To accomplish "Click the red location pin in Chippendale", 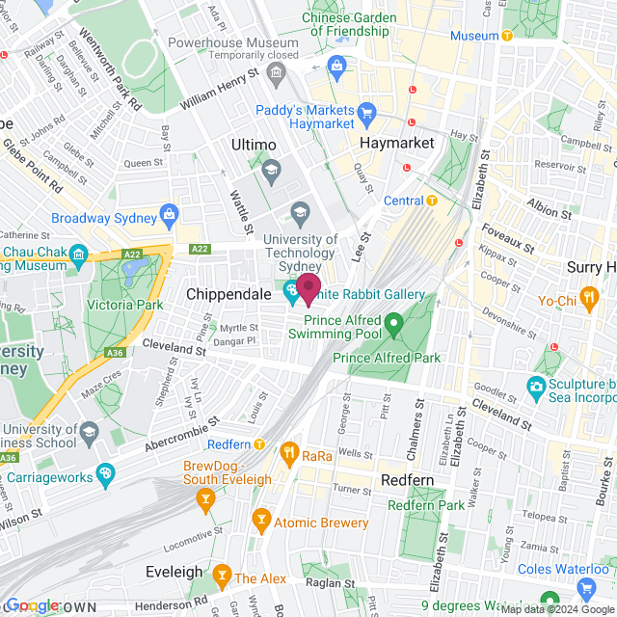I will click(x=308, y=288).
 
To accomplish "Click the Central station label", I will click(x=403, y=201).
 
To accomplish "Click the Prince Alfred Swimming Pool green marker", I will click(x=392, y=321).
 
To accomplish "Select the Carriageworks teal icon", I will click(x=104, y=473).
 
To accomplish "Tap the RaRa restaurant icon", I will click(x=288, y=452).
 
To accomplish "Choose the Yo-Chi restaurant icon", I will click(x=587, y=297).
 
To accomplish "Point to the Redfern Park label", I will click(x=425, y=505).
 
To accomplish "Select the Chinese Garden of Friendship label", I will click(x=348, y=24).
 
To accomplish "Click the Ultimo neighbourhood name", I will click(x=254, y=144).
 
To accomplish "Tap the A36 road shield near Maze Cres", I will click(x=116, y=353).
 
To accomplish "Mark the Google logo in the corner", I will click(x=32, y=605).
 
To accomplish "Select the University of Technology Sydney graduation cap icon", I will click(x=300, y=211).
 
